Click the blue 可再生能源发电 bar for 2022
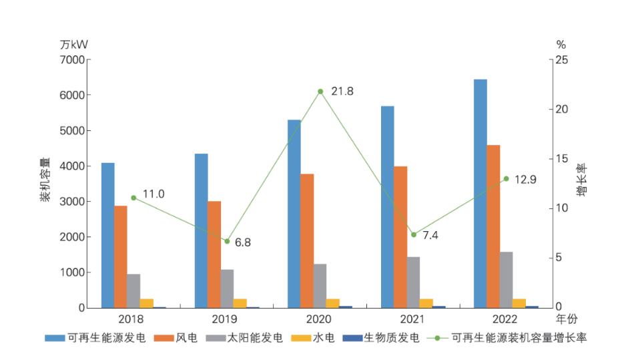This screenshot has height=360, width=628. point(481,194)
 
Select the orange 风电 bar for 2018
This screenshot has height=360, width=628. point(120,257)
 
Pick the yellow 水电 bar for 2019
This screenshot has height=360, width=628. point(240,303)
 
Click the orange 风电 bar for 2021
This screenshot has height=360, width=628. point(400,237)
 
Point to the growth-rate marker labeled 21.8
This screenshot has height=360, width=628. point(320,92)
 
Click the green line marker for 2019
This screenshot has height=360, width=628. point(227,241)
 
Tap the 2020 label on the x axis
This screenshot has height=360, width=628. point(320,319)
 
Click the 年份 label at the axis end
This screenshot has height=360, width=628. point(565,319)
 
